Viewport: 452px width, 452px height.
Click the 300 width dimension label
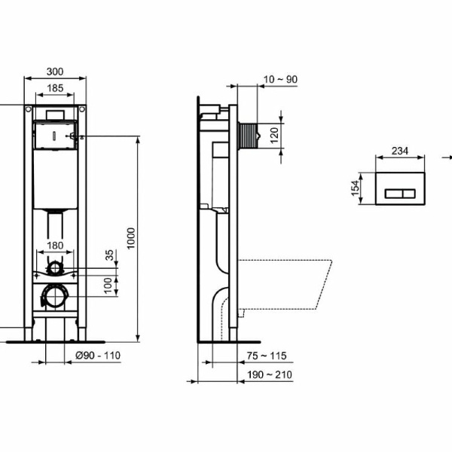(55, 72)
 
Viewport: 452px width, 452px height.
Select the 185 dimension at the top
(55, 88)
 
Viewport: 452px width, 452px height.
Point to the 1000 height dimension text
(132, 238)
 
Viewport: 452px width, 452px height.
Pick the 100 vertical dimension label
(108, 284)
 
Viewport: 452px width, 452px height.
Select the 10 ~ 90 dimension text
(280, 79)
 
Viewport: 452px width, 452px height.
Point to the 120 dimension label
(274, 136)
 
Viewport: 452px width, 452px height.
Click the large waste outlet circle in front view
(55, 298)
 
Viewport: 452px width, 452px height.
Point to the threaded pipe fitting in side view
(247, 136)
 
